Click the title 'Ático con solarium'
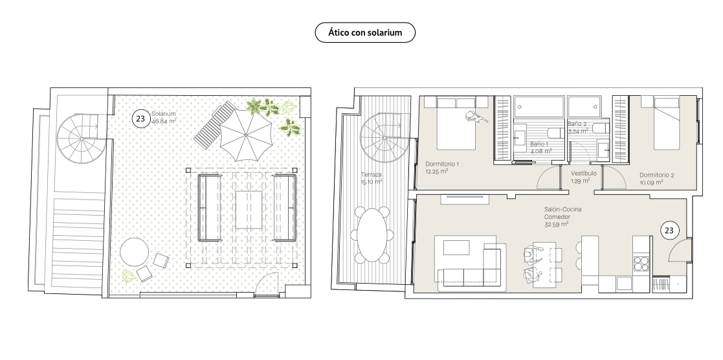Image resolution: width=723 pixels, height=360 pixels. [x=364, y=33]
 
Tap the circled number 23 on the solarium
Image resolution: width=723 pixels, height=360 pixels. [x=140, y=118]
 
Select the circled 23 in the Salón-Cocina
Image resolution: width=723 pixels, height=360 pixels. [x=669, y=231]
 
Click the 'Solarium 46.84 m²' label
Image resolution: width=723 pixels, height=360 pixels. [x=164, y=118]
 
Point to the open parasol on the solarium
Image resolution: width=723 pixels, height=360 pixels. [x=246, y=135]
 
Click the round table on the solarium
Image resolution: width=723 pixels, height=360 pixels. [x=135, y=252]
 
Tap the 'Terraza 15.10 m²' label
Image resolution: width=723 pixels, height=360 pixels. [x=372, y=178]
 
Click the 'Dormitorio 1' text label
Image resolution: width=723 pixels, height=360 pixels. [x=442, y=164]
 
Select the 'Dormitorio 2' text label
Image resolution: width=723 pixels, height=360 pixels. [x=656, y=175]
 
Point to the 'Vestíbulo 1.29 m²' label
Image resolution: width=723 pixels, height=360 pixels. [x=583, y=177]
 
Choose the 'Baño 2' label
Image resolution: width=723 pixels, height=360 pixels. [x=577, y=124]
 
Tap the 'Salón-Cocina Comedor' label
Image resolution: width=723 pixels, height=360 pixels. [x=562, y=213]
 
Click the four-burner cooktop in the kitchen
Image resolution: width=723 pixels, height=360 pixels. [x=640, y=263]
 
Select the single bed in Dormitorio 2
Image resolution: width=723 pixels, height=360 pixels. [x=667, y=123]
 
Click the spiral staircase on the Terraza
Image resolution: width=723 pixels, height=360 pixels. [x=385, y=137]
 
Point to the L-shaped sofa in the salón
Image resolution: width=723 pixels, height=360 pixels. [x=470, y=265]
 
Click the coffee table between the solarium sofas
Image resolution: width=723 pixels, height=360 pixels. [x=249, y=210]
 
